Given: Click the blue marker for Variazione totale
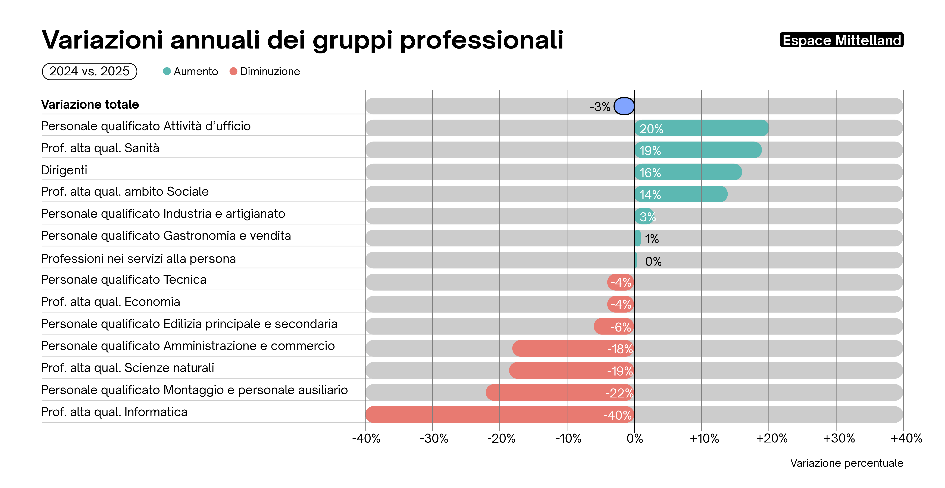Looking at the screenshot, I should pyautogui.click(x=624, y=106).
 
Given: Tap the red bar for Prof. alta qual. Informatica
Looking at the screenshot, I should pyautogui.click(x=500, y=414).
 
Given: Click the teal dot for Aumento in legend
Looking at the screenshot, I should pyautogui.click(x=167, y=71).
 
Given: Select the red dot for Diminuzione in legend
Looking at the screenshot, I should pyautogui.click(x=233, y=71).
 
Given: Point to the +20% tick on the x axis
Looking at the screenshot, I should pyautogui.click(x=771, y=438).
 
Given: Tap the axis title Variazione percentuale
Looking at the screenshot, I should pyautogui.click(x=846, y=463).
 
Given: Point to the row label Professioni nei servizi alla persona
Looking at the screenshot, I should pyautogui.click(x=138, y=259).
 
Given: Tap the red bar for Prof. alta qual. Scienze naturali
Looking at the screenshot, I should pyautogui.click(x=572, y=370).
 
